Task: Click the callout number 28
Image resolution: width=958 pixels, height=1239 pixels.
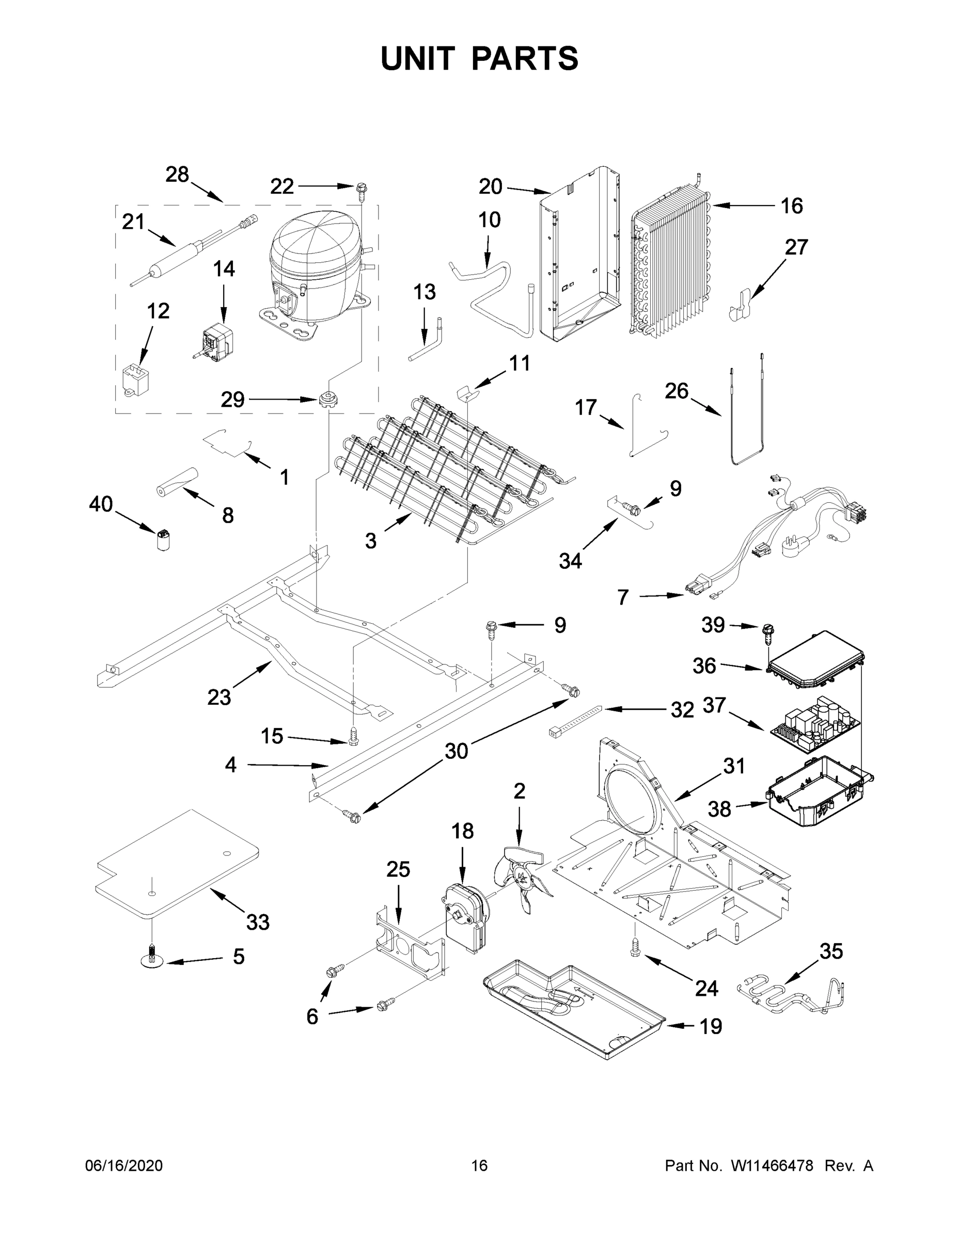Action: tap(177, 174)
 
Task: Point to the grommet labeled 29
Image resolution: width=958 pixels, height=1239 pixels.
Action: tap(327, 400)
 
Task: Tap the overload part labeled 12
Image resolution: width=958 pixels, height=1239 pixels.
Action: tap(134, 378)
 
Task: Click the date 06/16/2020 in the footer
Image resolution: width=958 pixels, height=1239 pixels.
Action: tap(124, 1165)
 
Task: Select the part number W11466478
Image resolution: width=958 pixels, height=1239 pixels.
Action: tap(772, 1165)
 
